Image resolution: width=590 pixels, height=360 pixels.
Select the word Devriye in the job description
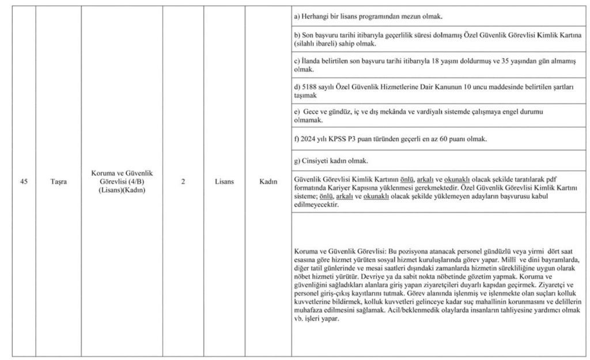pyautogui.click(x=358, y=276)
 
